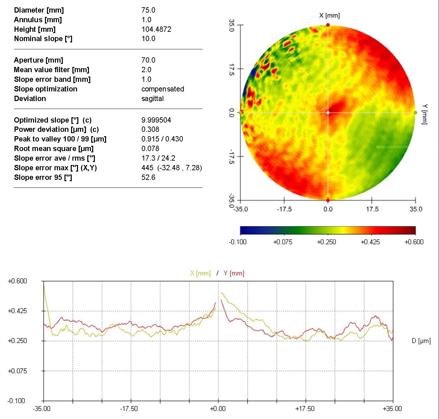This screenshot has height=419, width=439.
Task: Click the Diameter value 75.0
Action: pos(148,10)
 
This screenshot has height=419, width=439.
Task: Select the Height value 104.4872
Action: pos(156,29)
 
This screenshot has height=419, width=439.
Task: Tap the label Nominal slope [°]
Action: pos(43,39)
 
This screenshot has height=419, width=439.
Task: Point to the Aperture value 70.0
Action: pos(148,60)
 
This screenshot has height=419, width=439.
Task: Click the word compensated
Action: pos(163,89)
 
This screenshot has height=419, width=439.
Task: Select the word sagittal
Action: pos(152,98)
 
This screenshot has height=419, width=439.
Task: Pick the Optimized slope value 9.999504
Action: pos(156,120)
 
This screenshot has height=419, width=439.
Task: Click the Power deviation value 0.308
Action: pos(150,129)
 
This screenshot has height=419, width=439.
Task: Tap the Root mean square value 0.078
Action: pos(150,148)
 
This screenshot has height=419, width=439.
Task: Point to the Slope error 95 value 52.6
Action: pos(148,177)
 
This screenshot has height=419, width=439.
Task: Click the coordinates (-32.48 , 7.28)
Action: pos(180,168)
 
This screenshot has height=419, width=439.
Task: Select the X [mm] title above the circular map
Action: pos(329,15)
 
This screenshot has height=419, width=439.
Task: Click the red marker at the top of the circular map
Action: pos(328,25)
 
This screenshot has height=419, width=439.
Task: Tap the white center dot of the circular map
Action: pos(328,113)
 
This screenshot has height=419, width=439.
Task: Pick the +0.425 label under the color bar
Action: pos(370,242)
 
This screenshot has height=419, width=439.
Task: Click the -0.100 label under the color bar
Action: pos(238,242)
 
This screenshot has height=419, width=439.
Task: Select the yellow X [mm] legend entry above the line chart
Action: pos(200,273)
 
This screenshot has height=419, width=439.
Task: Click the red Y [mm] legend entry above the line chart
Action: pos(234,273)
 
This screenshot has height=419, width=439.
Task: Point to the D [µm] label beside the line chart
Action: pos(421,341)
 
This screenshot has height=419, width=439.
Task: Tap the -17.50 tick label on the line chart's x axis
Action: pos(129,408)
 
